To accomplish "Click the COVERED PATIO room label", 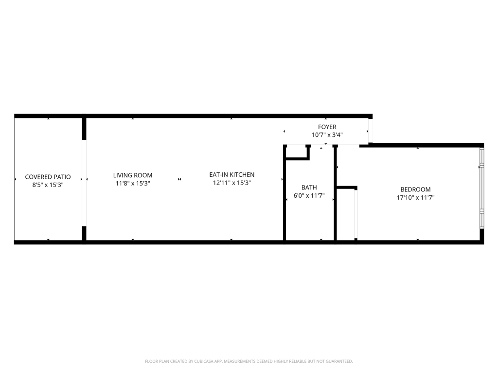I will (48, 177).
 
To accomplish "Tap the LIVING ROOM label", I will (133, 175).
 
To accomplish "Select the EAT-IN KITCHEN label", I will (231, 175).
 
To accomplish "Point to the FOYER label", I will (327, 127).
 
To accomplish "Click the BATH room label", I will (309, 187).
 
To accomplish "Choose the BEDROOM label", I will (415, 189).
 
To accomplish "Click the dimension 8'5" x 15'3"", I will (48, 185).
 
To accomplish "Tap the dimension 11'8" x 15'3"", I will (133, 184).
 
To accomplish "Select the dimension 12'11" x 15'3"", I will (231, 183).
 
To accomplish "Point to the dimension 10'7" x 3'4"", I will (327, 135).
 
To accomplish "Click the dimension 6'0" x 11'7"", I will (309, 196).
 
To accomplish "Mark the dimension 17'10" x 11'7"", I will (415, 198).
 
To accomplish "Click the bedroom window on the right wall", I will (482, 188).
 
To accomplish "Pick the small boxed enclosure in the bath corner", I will (297, 151).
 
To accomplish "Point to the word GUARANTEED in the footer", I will (336, 361).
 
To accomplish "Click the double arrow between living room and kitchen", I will (179, 179).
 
